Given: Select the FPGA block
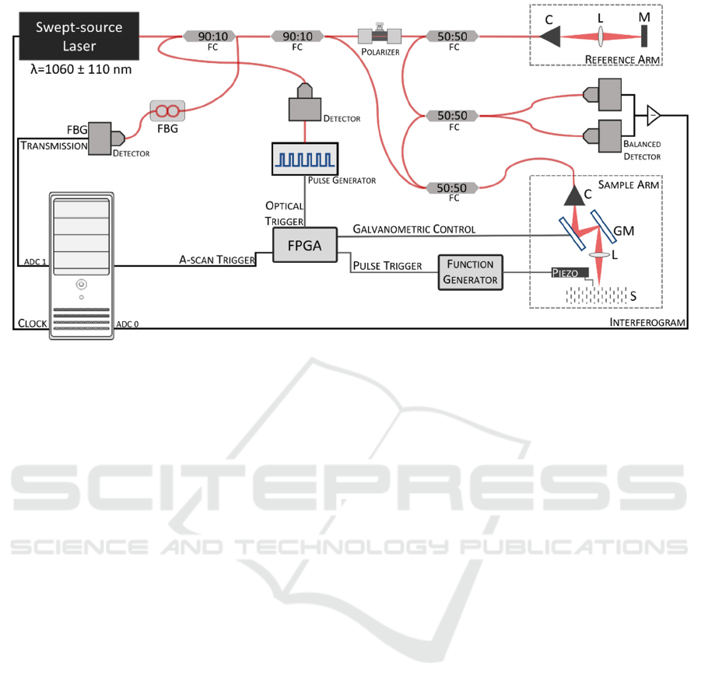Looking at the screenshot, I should click(304, 245).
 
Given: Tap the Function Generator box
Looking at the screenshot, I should click(471, 272).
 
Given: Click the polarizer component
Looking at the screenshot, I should click(379, 36).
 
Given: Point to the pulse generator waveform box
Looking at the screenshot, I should click(304, 159).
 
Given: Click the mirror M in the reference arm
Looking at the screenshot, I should click(645, 36).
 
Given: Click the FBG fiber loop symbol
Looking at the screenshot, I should click(167, 110).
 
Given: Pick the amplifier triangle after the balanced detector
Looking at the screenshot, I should click(653, 116).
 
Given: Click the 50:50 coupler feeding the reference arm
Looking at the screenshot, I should click(451, 36).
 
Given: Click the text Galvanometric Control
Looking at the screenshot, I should click(414, 230).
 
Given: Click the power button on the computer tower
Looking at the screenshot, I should click(81, 285).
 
